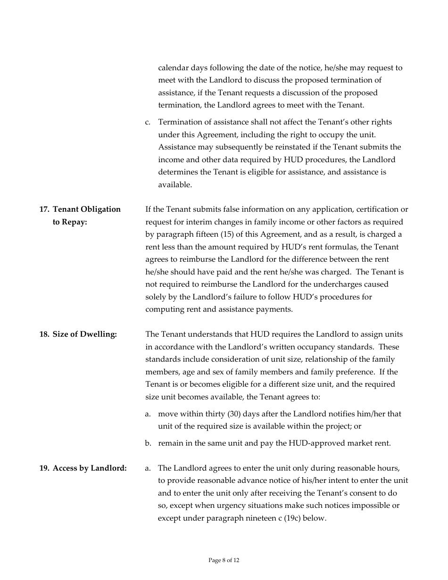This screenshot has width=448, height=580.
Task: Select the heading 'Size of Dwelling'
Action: click(84, 334)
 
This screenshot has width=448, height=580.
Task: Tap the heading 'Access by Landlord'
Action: click(90, 468)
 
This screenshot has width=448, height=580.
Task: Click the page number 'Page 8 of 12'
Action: click(224, 560)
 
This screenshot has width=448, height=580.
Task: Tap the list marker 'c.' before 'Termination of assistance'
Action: click(148, 123)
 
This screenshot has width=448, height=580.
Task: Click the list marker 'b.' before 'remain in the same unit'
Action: click(148, 443)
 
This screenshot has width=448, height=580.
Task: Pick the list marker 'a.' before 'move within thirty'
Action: click(148, 414)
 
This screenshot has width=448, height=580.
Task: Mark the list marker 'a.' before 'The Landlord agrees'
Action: click(148, 468)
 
